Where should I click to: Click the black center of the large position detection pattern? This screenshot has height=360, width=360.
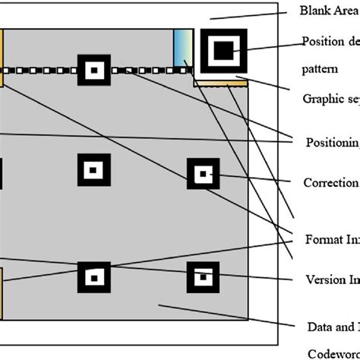[x=223, y=50]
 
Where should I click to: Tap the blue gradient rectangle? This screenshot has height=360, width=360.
[x=182, y=49]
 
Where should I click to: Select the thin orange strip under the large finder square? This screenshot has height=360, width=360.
[x=223, y=82]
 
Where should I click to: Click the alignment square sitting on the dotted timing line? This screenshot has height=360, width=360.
[x=93, y=71]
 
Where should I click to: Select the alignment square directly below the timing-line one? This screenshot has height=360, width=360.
[x=93, y=169]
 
